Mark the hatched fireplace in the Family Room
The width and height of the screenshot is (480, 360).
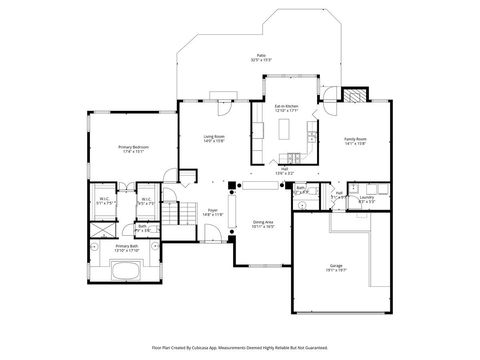(354, 97)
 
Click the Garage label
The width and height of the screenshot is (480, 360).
(337, 267)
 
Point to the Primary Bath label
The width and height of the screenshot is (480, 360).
(127, 247)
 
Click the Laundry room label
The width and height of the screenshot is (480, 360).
(368, 200)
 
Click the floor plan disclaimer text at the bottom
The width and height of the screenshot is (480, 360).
(240, 347)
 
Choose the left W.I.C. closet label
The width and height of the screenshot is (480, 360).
(104, 200)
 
